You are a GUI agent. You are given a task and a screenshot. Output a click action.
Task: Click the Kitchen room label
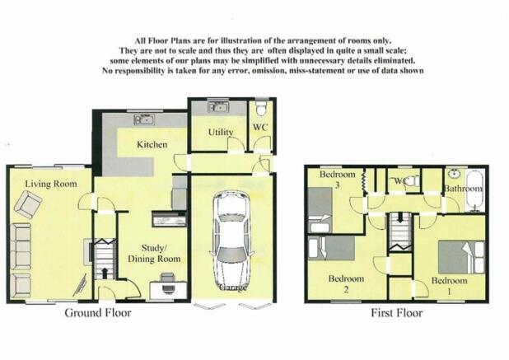pyautogui.click(x=152, y=144)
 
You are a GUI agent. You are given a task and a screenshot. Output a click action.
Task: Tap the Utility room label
pyautogui.click(x=221, y=132)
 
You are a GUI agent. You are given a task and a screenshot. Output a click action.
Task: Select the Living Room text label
pyautogui.click(x=51, y=184)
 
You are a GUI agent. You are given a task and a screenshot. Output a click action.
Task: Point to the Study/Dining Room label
pyautogui.click(x=154, y=254)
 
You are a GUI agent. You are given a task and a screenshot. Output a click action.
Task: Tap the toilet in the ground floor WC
pyautogui.click(x=261, y=109)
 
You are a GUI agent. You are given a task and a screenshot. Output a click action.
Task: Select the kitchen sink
pyautogui.click(x=144, y=119)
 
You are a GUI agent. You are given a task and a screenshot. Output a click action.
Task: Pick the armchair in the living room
pyautogui.click(x=28, y=204)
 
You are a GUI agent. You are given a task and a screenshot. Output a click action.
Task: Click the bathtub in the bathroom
pyautogui.click(x=474, y=191)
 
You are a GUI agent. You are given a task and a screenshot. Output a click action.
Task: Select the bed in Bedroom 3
pyautogui.click(x=320, y=210)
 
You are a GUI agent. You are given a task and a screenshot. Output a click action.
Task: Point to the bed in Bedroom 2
pyautogui.click(x=331, y=248)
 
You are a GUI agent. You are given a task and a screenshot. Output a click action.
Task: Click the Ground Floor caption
pyautogui.click(x=98, y=313)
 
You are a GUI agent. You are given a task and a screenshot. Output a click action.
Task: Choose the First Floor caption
pyautogui.click(x=397, y=313)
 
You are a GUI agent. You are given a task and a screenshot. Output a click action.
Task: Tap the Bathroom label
pyautogui.click(x=463, y=189)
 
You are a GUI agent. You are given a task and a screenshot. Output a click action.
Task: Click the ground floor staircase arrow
pyautogui.click(x=105, y=273)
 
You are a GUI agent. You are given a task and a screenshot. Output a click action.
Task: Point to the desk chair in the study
pyautogui.click(x=168, y=283)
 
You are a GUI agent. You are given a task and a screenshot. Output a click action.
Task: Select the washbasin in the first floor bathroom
pyautogui.click(x=455, y=174)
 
